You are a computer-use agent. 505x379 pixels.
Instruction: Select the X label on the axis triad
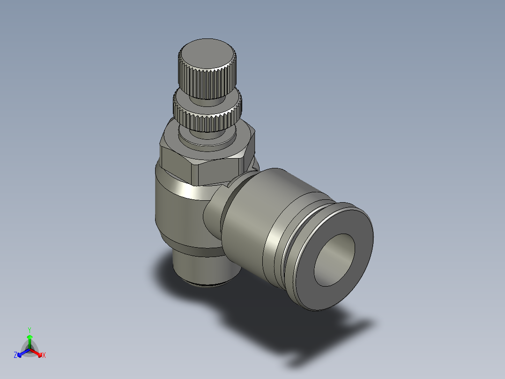(44, 356)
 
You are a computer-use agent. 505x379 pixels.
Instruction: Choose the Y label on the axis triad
(29, 330)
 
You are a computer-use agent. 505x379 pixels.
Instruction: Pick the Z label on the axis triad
(15, 356)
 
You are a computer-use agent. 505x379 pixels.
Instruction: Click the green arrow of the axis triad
(30, 341)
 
